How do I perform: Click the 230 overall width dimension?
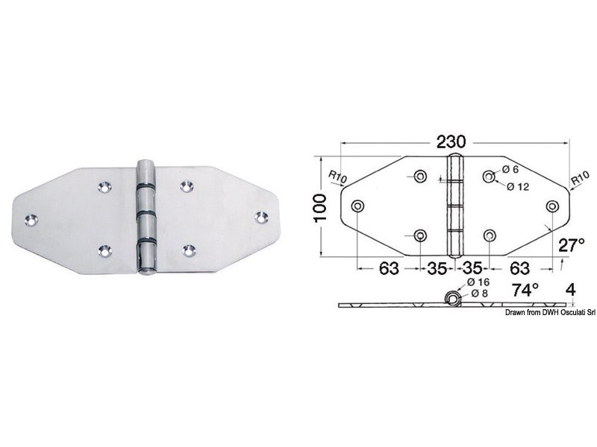[451, 142]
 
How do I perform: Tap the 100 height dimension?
[319, 208]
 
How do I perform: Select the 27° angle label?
[571, 245]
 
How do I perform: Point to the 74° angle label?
[525, 291]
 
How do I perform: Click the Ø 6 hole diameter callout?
[510, 170]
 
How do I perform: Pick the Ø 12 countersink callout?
[518, 187]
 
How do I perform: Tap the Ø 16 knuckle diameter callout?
[478, 282]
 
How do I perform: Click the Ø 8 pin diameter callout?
[479, 294]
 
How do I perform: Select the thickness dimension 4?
[571, 291]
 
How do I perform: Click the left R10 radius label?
[337, 176]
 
